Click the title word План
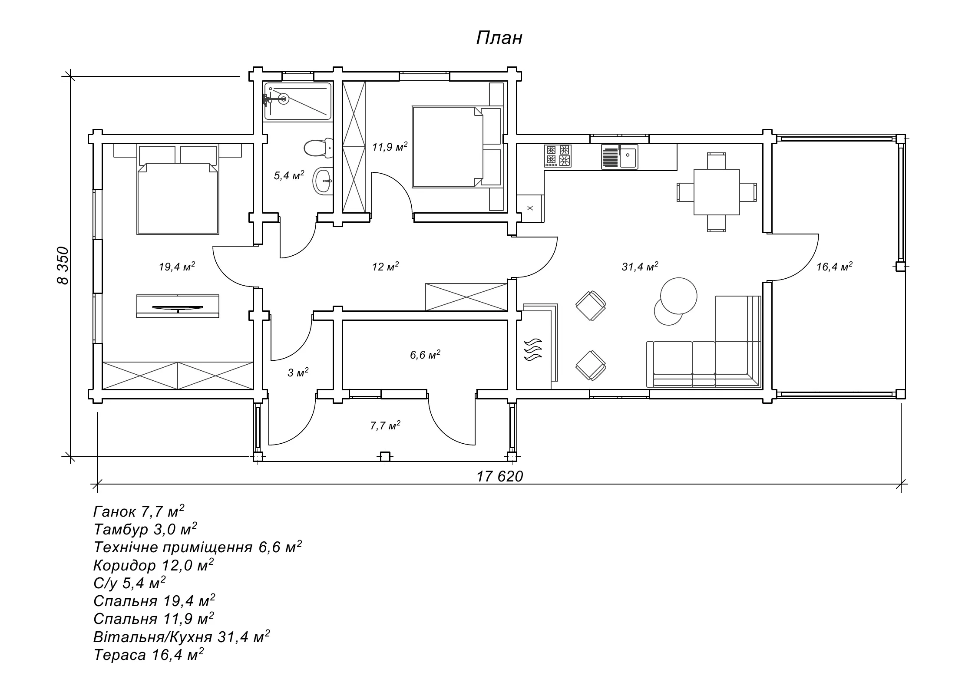coord(499,38)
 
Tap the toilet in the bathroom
coord(317,148)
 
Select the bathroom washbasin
coord(323,180)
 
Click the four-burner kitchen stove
coord(558,156)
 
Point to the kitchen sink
coord(628,157)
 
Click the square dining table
coord(717,192)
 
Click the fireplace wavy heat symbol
coord(534,349)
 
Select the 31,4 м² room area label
coord(640,266)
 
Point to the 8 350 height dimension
coord(63,265)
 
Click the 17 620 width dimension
coord(499,476)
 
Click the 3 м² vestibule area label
coord(298,372)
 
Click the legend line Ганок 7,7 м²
coord(139,511)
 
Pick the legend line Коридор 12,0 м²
coord(153,565)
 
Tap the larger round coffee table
coord(678,296)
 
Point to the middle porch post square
coord(385,457)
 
